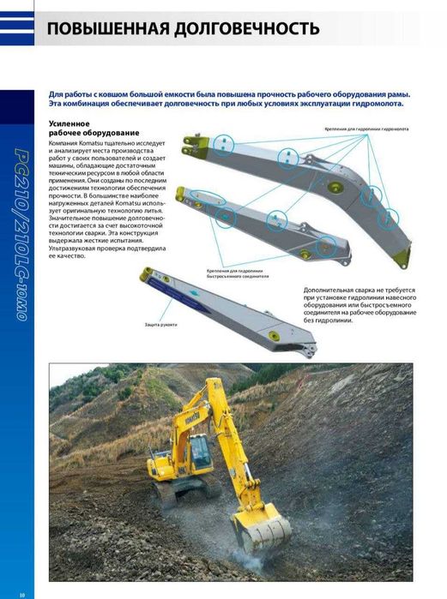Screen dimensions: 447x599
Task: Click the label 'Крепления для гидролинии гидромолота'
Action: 366,129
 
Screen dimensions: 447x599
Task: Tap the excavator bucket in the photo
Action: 263,529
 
